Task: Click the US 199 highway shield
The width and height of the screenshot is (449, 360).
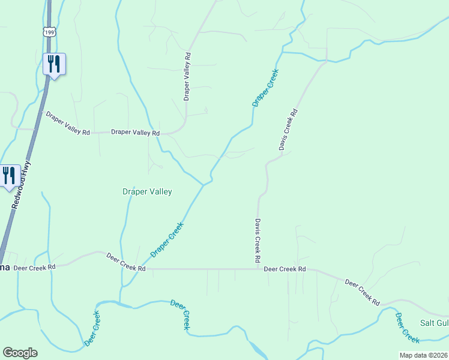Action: (49, 31)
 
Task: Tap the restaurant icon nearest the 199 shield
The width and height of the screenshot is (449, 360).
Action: (54, 63)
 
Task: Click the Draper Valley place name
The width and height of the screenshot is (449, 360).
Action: (147, 192)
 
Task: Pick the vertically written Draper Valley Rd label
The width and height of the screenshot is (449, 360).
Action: (187, 76)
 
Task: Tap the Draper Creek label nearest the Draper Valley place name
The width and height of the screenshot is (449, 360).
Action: (167, 239)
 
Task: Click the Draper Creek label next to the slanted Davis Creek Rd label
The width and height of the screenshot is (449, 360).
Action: (266, 88)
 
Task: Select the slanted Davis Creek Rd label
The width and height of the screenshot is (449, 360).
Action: (288, 130)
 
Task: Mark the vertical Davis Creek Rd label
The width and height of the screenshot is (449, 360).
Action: (257, 240)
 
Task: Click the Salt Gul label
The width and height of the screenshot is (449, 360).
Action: (433, 323)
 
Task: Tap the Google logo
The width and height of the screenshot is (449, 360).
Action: (20, 353)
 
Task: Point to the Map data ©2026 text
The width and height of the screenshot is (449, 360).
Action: (423, 355)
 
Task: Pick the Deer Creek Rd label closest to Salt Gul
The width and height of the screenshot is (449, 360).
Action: (363, 292)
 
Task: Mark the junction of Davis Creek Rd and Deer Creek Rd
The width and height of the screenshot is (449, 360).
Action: (258, 269)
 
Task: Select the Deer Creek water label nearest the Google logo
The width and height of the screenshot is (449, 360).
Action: (92, 329)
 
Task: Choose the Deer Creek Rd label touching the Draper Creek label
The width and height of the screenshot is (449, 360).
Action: (126, 262)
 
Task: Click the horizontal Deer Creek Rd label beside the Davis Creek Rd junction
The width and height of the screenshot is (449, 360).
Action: (285, 269)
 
